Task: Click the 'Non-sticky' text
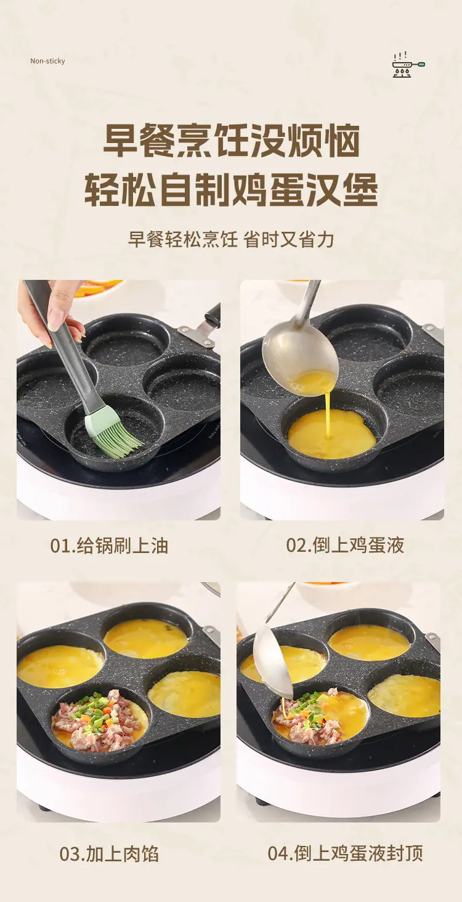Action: (47, 61)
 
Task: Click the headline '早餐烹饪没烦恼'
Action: (231, 141)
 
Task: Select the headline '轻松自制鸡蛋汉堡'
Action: (231, 189)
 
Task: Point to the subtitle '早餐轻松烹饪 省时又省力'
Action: (231, 239)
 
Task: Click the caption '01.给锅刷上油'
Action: (109, 546)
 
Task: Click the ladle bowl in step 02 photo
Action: (300, 363)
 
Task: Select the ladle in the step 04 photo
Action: (274, 649)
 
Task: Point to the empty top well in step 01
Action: (125, 344)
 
